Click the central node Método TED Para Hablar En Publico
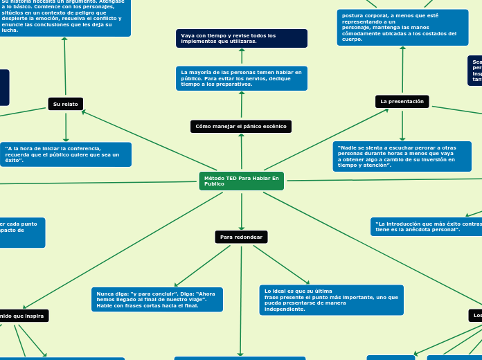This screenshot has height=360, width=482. pyautogui.click(x=241, y=181)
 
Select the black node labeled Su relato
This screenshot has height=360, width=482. pyautogui.click(x=66, y=104)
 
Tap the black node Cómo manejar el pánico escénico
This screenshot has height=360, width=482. pyautogui.click(x=241, y=126)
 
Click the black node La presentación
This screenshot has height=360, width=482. pyautogui.click(x=402, y=102)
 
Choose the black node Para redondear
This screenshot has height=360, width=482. pyautogui.click(x=241, y=237)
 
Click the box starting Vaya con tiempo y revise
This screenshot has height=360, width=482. pyautogui.click(x=241, y=38)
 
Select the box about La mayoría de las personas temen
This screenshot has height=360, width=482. pyautogui.click(x=241, y=78)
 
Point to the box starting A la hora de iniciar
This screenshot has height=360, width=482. pyautogui.click(x=66, y=154)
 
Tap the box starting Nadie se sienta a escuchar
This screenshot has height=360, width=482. pyautogui.click(x=402, y=156)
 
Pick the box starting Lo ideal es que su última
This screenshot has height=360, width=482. pyautogui.click(x=332, y=300)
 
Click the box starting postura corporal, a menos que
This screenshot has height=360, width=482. pyautogui.click(x=402, y=27)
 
